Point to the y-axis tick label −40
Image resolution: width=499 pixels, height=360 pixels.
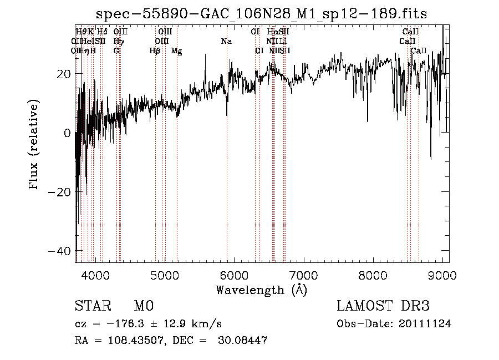[58, 251]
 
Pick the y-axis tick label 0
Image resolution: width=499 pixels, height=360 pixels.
[67, 133]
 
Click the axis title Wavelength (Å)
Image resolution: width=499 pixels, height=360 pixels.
[261, 290]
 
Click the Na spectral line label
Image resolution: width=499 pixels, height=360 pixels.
[226, 42]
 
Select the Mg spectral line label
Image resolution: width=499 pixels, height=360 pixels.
[177, 51]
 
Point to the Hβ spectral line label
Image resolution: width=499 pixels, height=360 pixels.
[155, 50]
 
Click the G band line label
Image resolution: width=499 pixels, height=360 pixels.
[116, 50]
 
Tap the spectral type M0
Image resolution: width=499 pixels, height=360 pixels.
[144, 306]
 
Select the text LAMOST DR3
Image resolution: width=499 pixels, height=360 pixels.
[383, 306]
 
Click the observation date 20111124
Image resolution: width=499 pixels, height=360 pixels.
[425, 324]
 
